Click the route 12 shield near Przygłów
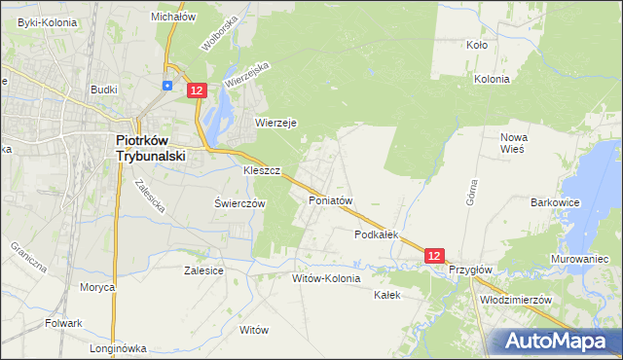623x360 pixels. pyautogui.click(x=435, y=255)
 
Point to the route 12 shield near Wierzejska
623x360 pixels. pyautogui.click(x=197, y=90)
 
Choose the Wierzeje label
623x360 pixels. pyautogui.click(x=275, y=123)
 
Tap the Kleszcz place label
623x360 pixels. pyautogui.click(x=262, y=170)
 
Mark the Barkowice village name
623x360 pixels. pyautogui.click(x=555, y=202)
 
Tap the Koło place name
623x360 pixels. pyautogui.click(x=477, y=45)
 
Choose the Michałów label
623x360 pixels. pyautogui.click(x=174, y=17)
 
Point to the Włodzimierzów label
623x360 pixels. pyautogui.click(x=516, y=301)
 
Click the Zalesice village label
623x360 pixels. pyautogui.click(x=204, y=271)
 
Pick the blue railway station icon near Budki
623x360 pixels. pyautogui.click(x=167, y=86)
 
